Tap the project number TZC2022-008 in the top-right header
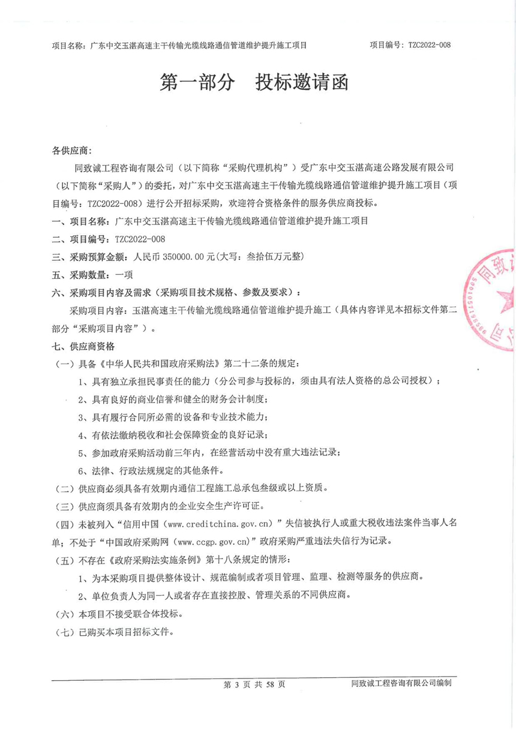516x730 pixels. point(429,45)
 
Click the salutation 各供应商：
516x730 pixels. point(73,150)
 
